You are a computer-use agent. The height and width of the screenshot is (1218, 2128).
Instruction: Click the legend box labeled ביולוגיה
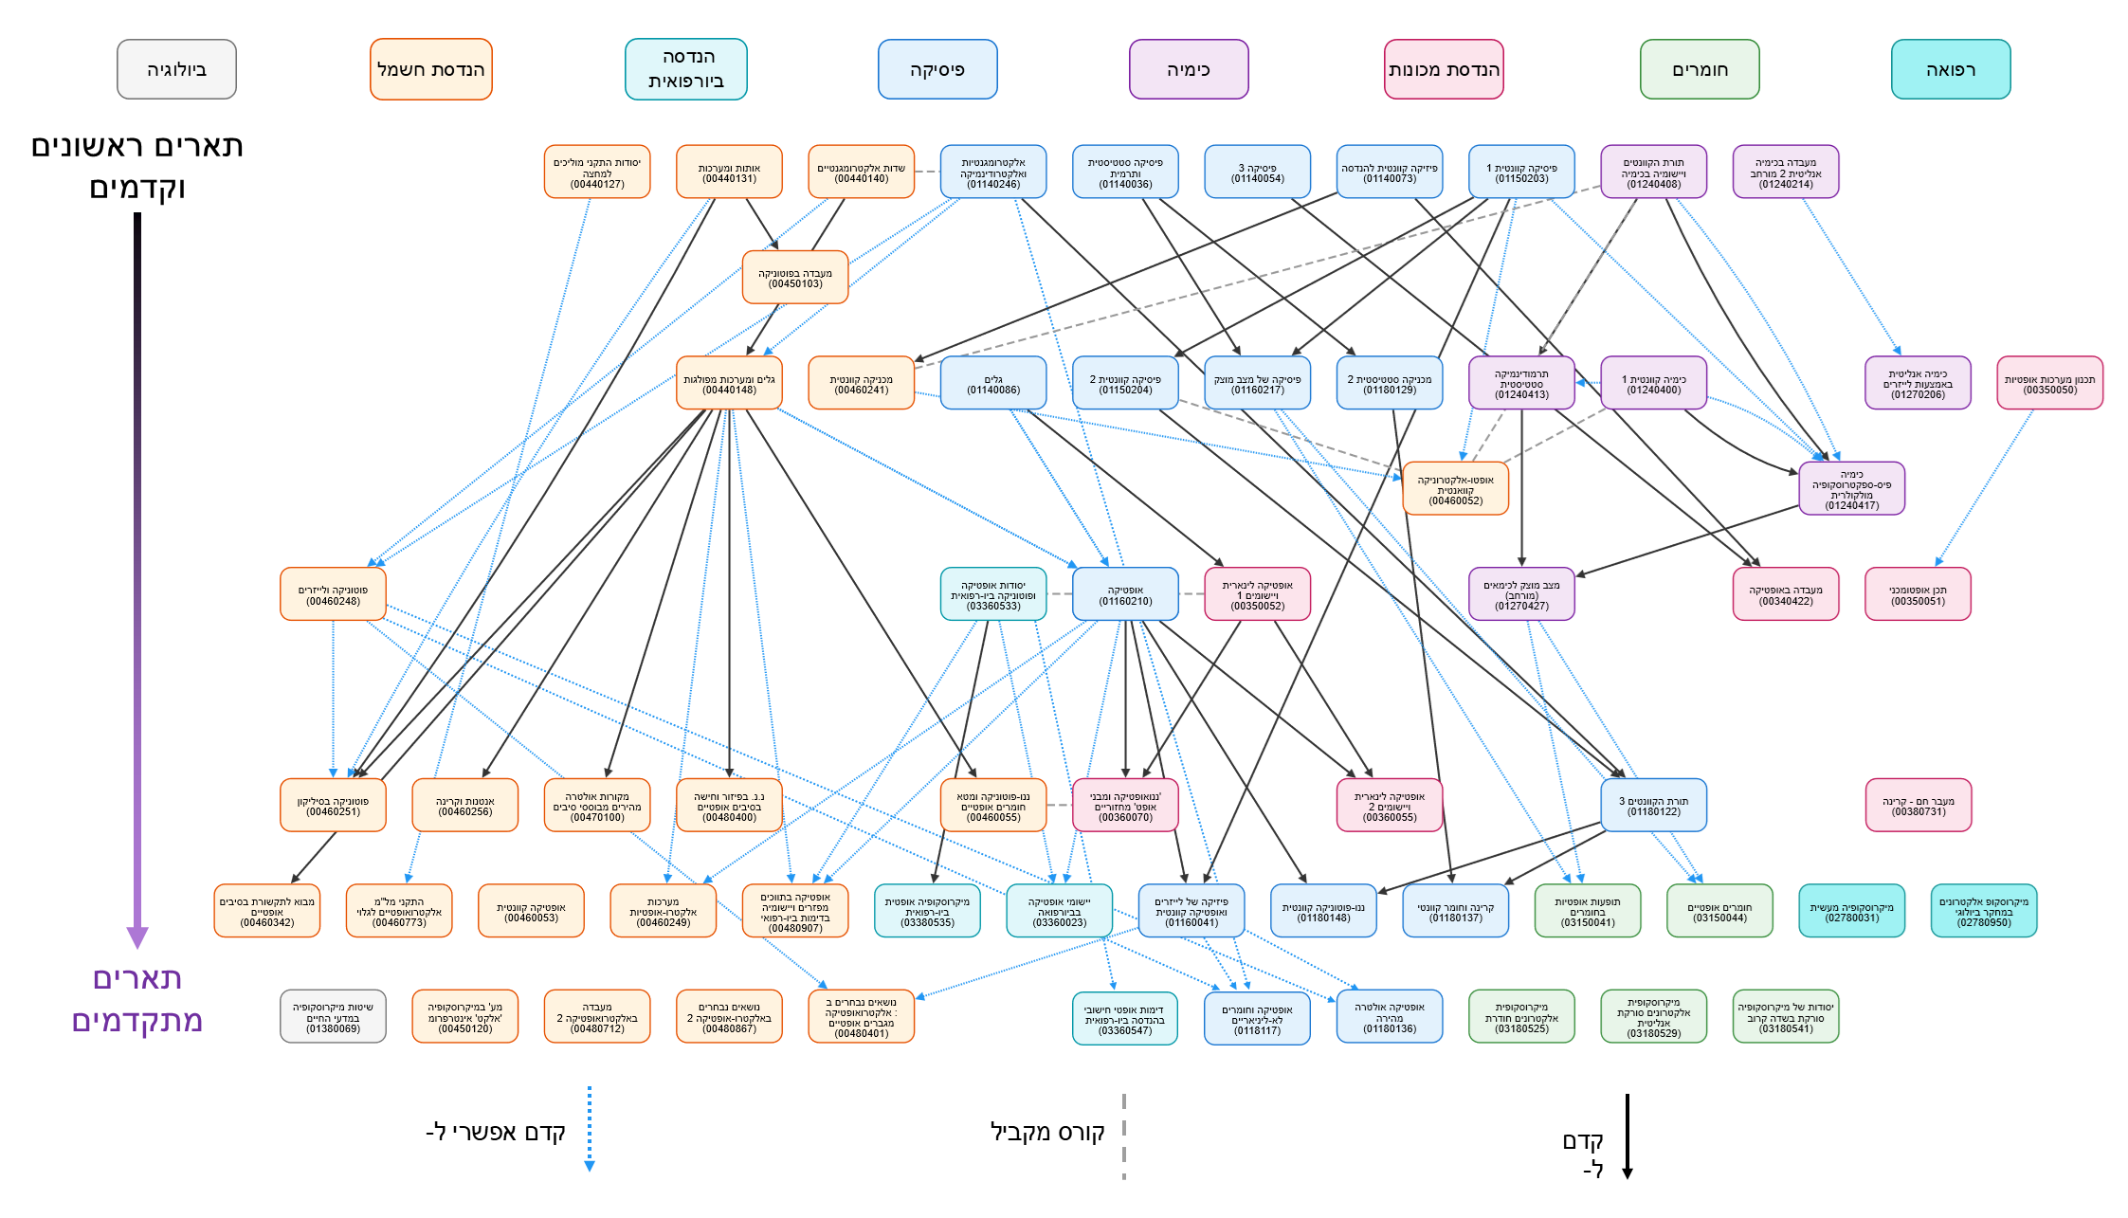pos(176,69)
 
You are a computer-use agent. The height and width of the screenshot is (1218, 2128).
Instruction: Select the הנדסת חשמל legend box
pos(430,69)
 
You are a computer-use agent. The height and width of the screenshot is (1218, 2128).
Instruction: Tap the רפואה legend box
pos(1950,69)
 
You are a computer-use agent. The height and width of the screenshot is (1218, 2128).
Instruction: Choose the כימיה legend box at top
pos(1188,69)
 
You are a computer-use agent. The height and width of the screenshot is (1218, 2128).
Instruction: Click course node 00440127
pos(597,172)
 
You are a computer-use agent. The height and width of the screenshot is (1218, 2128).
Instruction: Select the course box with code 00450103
pos(794,278)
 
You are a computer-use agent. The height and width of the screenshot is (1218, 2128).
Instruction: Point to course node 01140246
pos(992,172)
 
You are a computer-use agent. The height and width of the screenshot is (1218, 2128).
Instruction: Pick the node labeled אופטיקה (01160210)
pos(1125,594)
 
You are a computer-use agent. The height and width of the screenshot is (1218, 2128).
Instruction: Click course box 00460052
pos(1455,489)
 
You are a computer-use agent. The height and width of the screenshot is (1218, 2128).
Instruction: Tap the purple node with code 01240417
pos(1851,489)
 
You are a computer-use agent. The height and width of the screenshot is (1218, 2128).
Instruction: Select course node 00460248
pos(333,594)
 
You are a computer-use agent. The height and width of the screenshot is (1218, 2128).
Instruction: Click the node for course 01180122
pos(1653,806)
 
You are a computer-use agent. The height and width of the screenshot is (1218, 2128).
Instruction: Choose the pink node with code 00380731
pos(1918,806)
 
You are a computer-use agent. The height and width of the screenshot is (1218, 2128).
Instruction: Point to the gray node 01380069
pos(333,1017)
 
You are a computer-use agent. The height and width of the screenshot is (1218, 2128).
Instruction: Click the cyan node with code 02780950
pos(1983,911)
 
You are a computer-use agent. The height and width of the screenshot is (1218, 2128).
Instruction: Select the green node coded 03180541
pos(1785,1017)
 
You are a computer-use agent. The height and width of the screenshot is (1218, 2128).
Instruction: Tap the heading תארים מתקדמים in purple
pos(137,999)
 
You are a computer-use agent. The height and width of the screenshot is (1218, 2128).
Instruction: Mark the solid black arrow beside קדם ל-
pos(1627,1136)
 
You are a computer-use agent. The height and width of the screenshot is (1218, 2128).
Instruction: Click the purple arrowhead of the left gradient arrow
pos(137,936)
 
